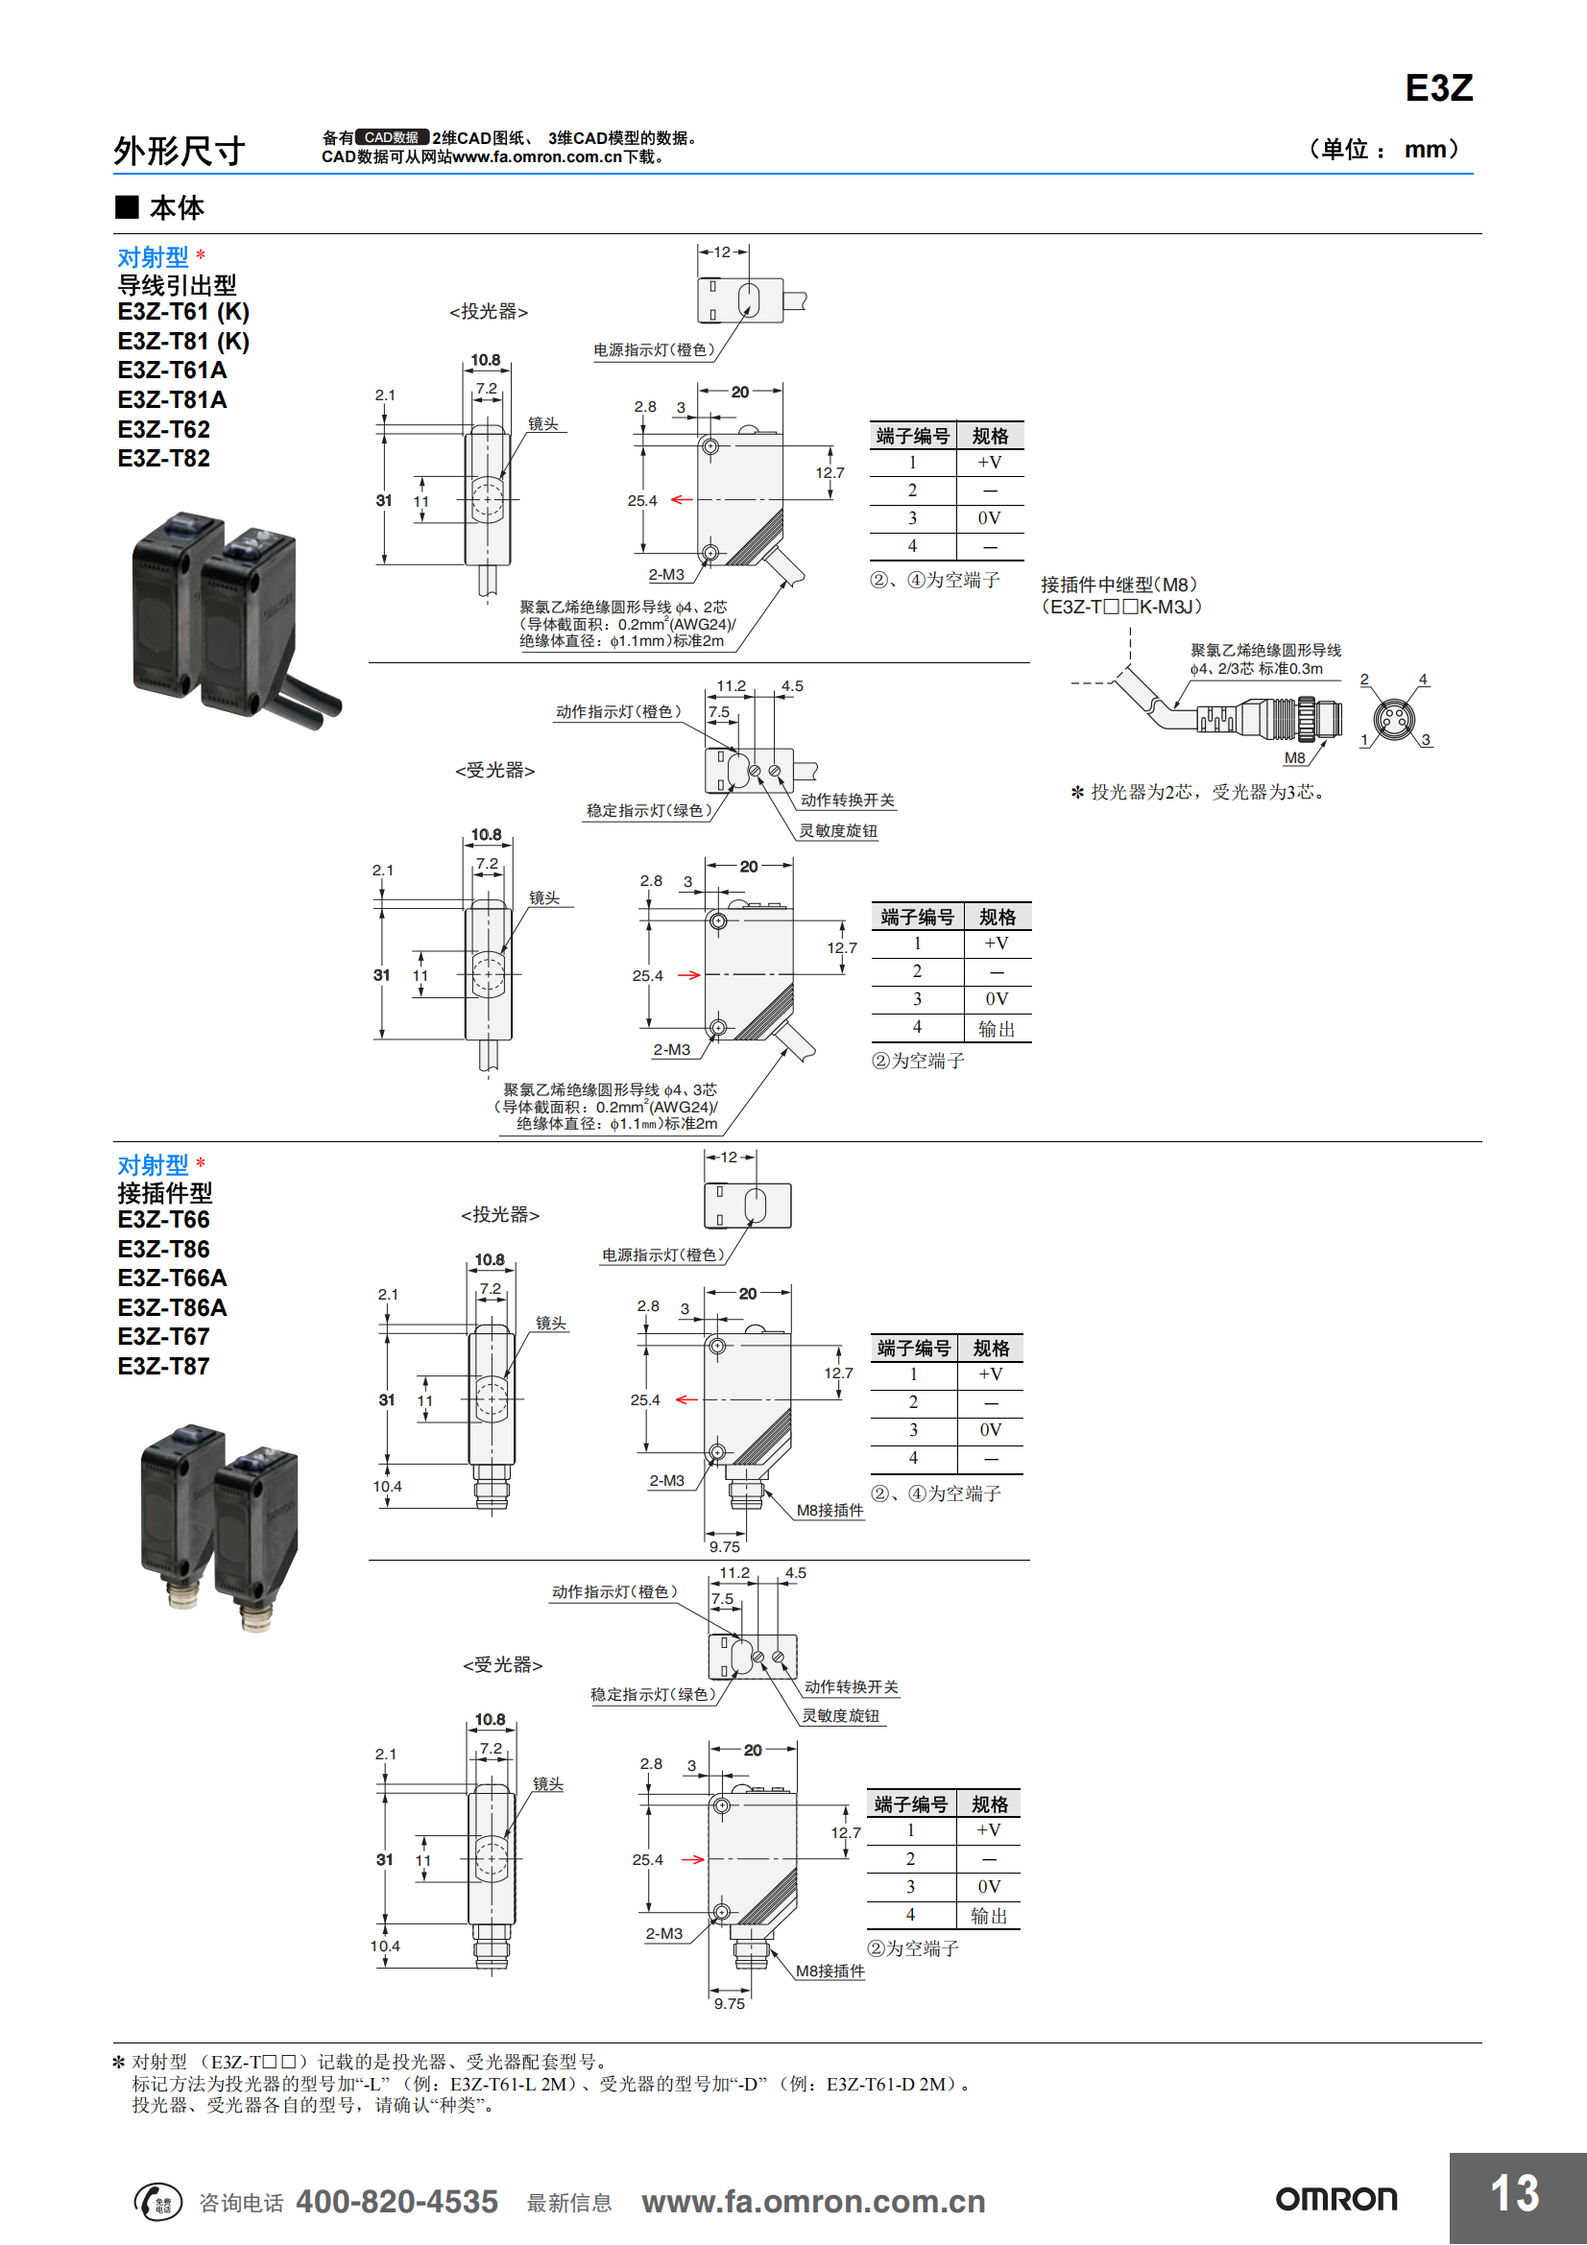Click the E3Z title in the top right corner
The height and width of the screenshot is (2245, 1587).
pyautogui.click(x=1438, y=88)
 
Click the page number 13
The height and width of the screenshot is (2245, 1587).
pyautogui.click(x=1515, y=2192)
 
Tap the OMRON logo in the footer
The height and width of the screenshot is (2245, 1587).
pyautogui.click(x=1336, y=2199)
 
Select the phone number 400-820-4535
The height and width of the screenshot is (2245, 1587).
pyautogui.click(x=397, y=2201)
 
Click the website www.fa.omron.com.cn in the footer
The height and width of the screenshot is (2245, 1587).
pyautogui.click(x=813, y=2201)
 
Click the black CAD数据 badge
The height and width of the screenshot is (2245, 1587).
pyautogui.click(x=391, y=138)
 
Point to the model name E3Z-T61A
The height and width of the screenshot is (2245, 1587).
pyautogui.click(x=172, y=370)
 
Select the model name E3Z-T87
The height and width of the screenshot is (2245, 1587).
pyautogui.click(x=163, y=1366)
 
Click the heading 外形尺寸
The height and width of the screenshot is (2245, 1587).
pyautogui.click(x=179, y=151)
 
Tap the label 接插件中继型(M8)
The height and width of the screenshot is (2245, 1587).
pyautogui.click(x=1118, y=585)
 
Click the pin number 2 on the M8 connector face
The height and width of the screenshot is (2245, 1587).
pyautogui.click(x=1364, y=680)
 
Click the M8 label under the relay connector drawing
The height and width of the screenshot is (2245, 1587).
pyautogui.click(x=1293, y=758)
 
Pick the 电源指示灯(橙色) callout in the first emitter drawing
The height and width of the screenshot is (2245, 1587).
pyautogui.click(x=654, y=350)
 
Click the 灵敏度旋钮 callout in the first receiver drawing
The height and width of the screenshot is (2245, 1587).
pyautogui.click(x=838, y=831)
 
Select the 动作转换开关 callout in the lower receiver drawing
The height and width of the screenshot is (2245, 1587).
pyautogui.click(x=851, y=1686)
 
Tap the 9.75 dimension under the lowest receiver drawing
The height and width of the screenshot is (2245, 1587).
pyautogui.click(x=730, y=2003)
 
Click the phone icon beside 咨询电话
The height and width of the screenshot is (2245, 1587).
pyautogui.click(x=157, y=2201)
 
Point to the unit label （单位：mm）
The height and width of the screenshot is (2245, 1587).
pyautogui.click(x=1383, y=150)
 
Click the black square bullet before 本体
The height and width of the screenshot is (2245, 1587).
pyautogui.click(x=127, y=206)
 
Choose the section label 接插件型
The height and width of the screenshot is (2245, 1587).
pyautogui.click(x=164, y=1193)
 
